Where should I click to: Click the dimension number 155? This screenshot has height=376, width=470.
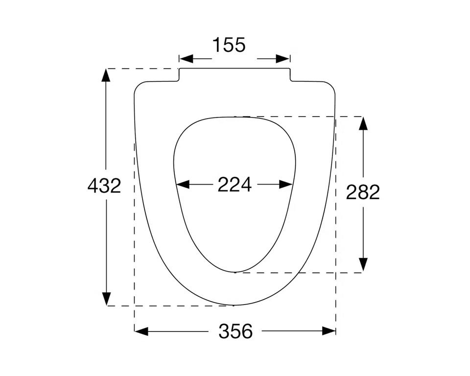[x=229, y=45]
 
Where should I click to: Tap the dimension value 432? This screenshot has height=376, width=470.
[x=104, y=186]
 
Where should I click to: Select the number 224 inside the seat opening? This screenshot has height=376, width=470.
[x=235, y=185]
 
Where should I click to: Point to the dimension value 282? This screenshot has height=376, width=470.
[x=363, y=192]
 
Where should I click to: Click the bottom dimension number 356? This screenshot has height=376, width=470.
[x=235, y=331]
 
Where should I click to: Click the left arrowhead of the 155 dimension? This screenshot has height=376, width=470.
[x=186, y=59]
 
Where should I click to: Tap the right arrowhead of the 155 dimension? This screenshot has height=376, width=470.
[x=282, y=59]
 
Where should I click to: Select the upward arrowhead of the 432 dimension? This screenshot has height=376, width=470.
[x=106, y=75]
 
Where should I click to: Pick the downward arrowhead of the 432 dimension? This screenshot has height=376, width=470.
[x=106, y=299]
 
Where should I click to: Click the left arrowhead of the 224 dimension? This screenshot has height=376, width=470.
[x=183, y=185]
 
